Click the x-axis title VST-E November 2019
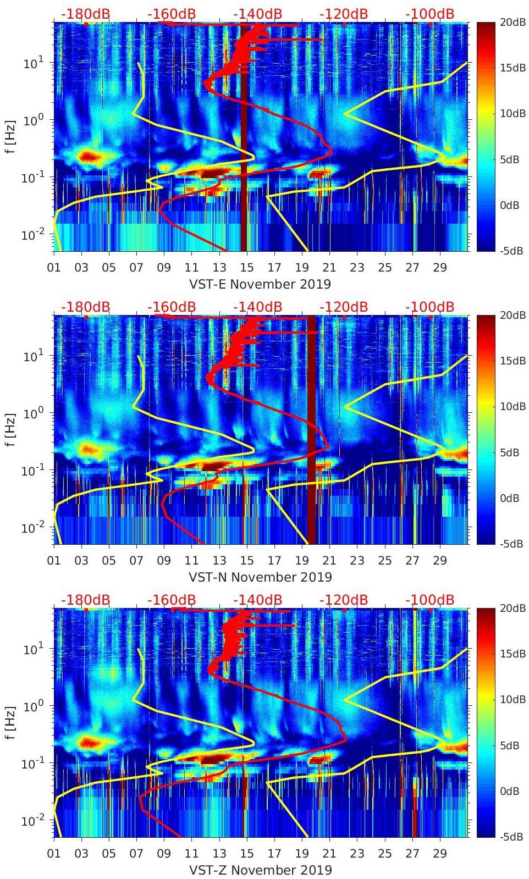[x=260, y=284]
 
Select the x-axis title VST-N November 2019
[x=260, y=577]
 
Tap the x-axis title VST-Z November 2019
[x=260, y=870]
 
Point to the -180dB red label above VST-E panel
[x=85, y=14]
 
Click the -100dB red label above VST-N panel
[x=430, y=307]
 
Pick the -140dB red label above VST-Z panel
[x=257, y=600]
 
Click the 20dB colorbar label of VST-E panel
[x=510, y=23]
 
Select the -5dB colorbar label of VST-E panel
[x=510, y=251]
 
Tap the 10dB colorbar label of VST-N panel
[x=510, y=406]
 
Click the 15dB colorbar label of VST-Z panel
[x=510, y=654]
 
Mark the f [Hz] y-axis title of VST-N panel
[x=10, y=429]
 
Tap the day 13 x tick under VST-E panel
[x=219, y=268]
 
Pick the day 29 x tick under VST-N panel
[x=440, y=561]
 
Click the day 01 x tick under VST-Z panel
[x=54, y=854]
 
